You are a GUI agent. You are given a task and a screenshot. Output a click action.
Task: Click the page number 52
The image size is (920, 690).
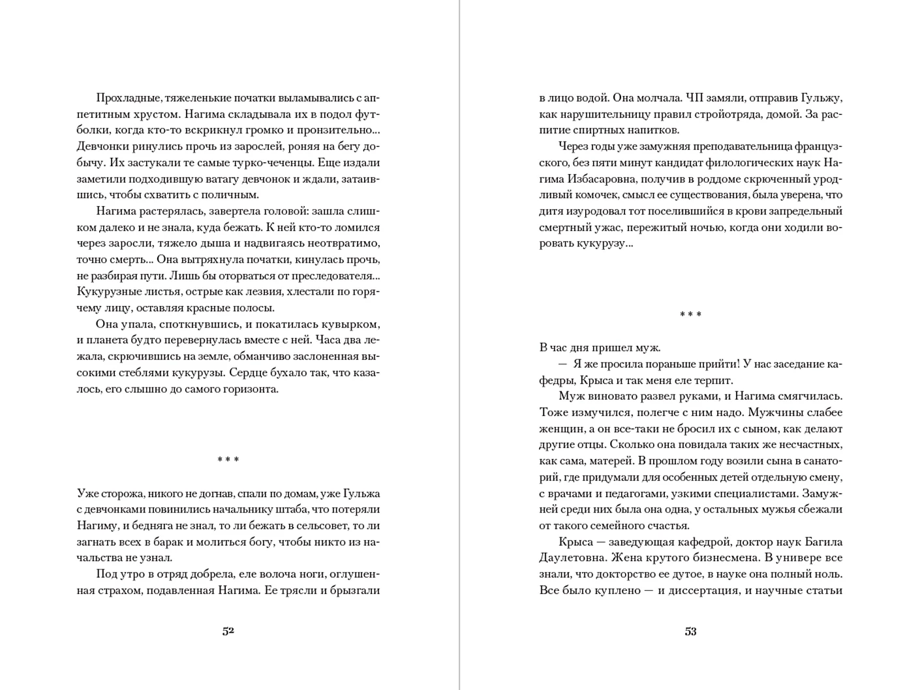point(228,631)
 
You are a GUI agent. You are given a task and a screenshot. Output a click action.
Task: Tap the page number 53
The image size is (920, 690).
point(690,631)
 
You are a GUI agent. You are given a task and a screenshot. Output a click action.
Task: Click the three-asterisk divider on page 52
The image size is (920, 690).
point(228,460)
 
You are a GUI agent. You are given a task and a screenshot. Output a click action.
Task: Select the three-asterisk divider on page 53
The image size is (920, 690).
point(690,314)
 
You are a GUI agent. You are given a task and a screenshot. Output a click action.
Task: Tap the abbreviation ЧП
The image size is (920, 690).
point(692,98)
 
